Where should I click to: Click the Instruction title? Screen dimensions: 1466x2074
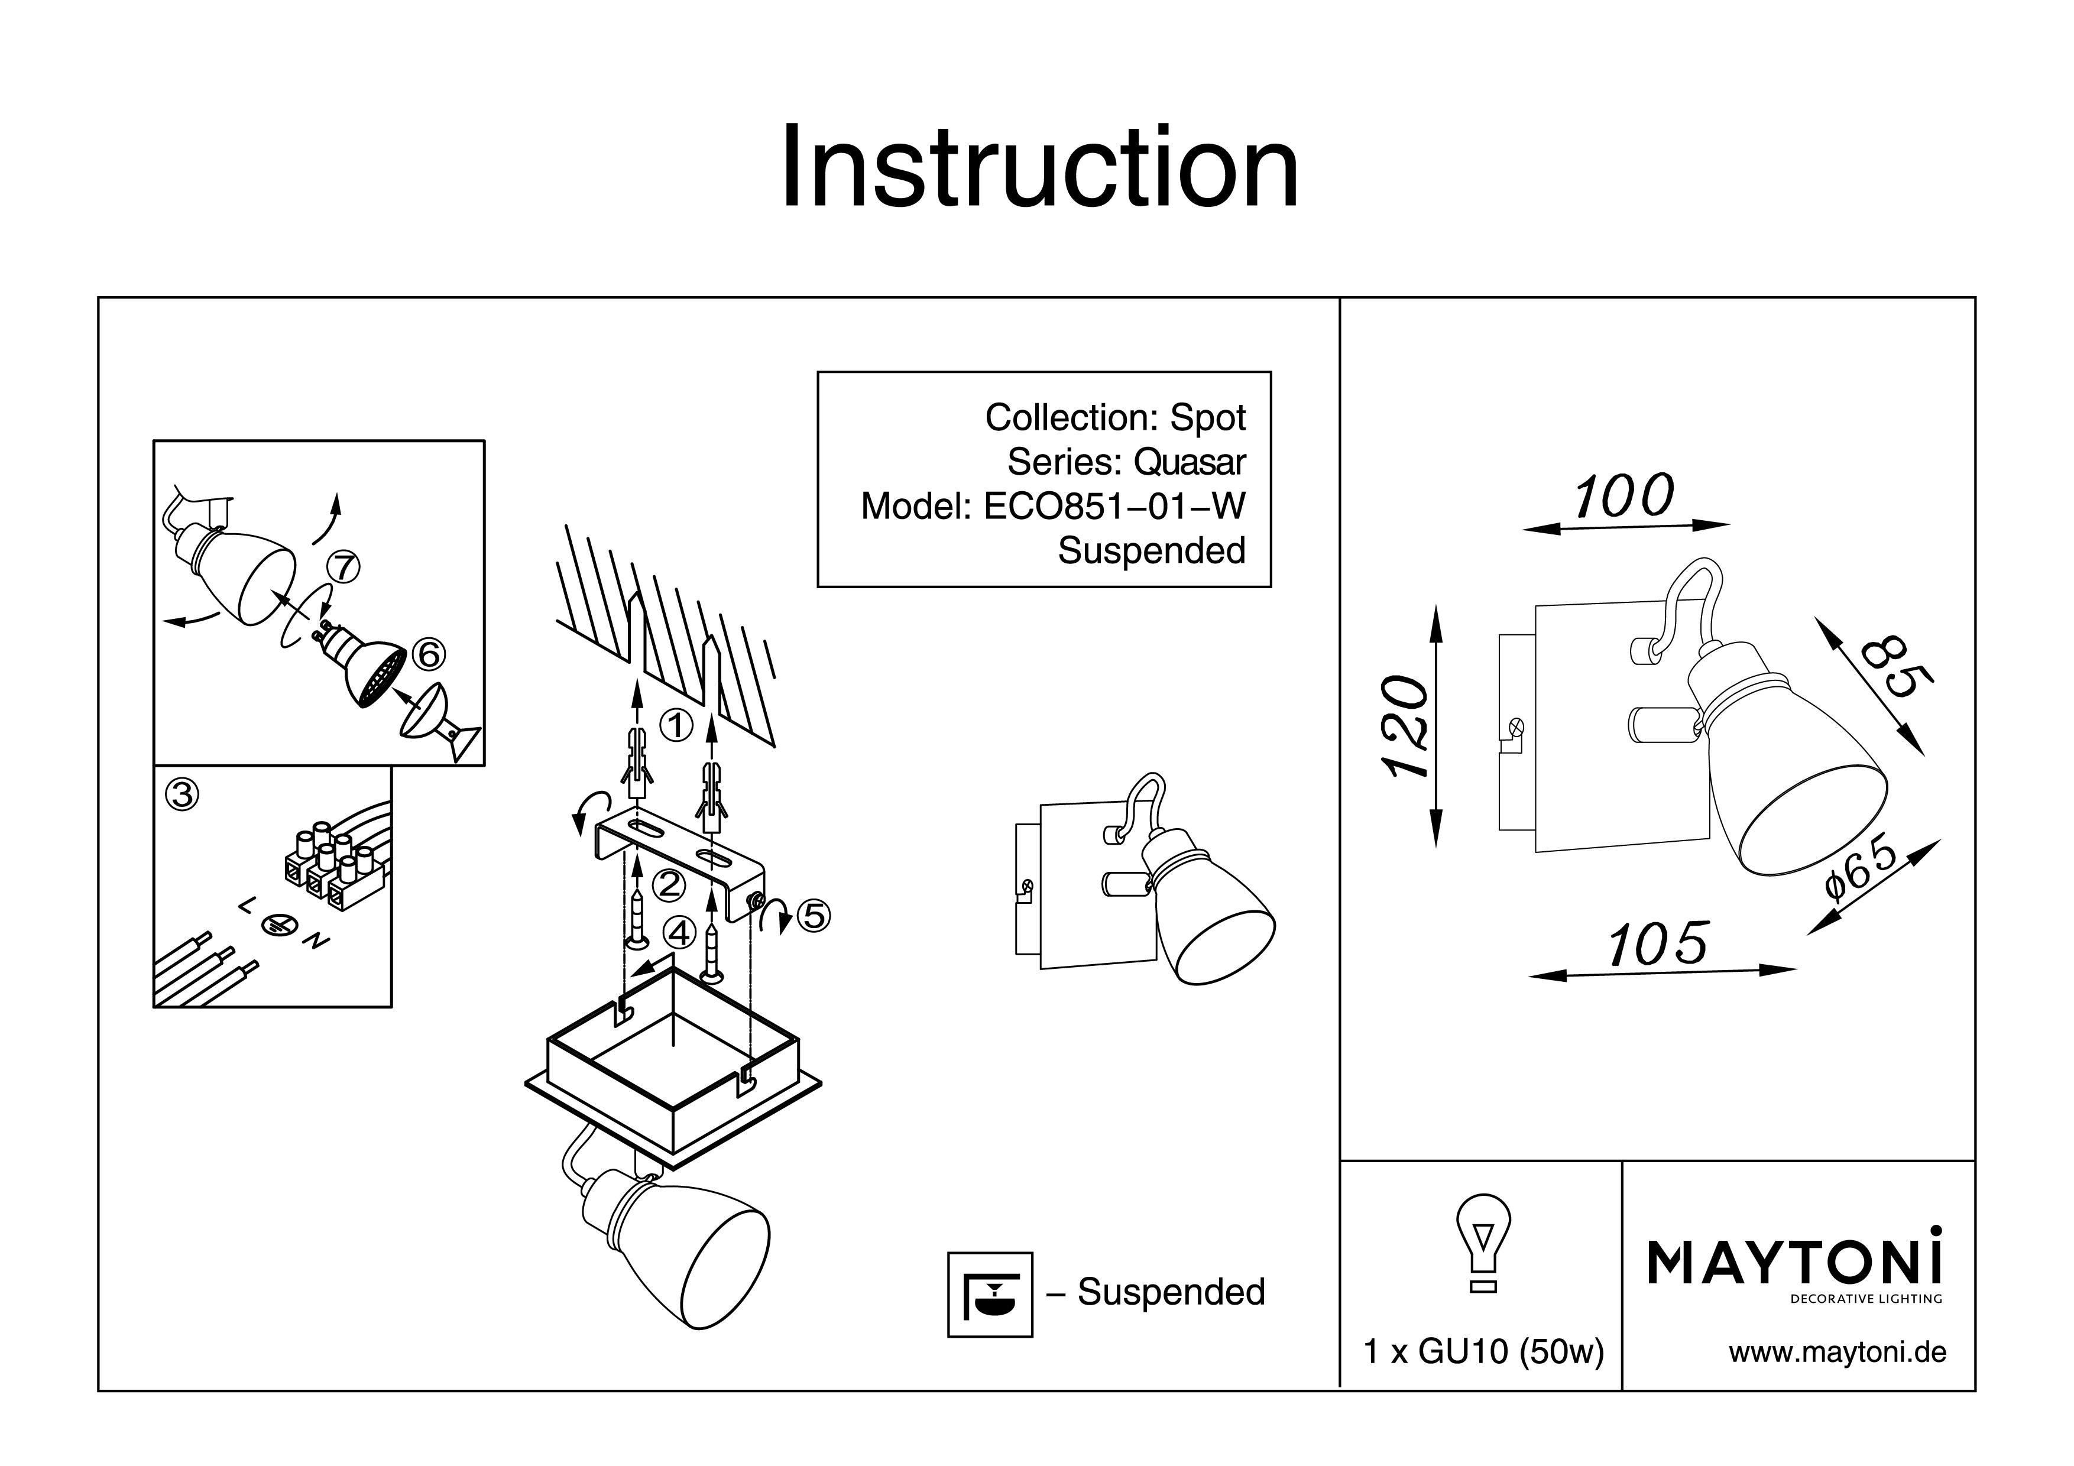click(x=1039, y=168)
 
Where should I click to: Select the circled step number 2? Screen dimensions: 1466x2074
click(x=669, y=884)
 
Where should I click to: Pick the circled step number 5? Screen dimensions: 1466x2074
click(x=813, y=916)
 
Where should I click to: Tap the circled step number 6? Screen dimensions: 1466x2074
click(x=428, y=653)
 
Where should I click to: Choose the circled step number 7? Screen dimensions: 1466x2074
click(x=344, y=567)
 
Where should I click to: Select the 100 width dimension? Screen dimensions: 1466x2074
click(x=1624, y=498)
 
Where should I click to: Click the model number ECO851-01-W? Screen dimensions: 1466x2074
click(x=1114, y=507)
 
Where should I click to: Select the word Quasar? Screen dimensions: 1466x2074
click(x=1189, y=462)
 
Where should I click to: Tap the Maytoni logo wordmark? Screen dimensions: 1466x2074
click(x=1794, y=1263)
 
